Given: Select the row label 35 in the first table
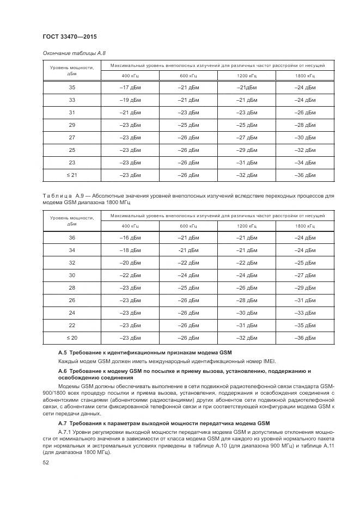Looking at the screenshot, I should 72,87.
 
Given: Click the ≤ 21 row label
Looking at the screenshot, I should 72,175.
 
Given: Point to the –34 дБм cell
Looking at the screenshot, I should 305,162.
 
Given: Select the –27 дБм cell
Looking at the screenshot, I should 246,137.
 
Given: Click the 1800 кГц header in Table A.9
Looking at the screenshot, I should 305,225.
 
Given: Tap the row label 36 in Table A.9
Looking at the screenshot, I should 72,237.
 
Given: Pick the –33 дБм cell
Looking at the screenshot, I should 305,312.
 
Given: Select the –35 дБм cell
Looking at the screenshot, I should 305,325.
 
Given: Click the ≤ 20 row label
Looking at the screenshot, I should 72,338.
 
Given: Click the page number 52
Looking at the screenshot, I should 46,462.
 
